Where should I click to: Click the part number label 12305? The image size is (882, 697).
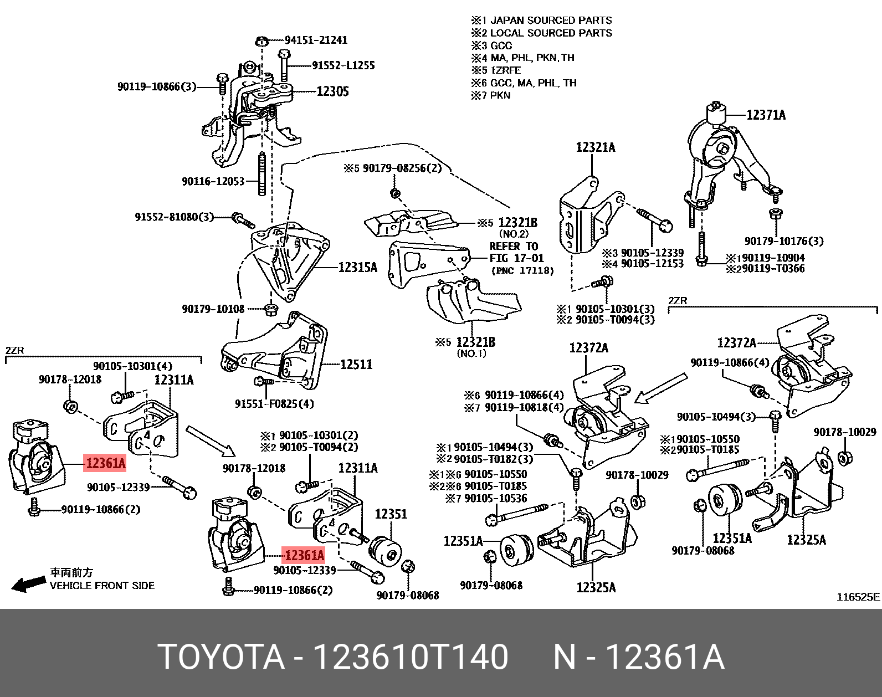[x=332, y=91]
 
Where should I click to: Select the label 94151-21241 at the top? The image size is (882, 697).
[x=316, y=40]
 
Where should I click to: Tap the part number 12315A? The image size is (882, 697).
[x=357, y=268]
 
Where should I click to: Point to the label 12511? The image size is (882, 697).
[x=356, y=365]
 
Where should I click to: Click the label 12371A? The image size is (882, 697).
[x=766, y=115]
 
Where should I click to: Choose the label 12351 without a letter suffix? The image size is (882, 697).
[x=391, y=514]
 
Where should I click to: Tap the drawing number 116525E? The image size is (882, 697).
[x=858, y=597]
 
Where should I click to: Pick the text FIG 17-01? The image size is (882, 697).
[x=516, y=258]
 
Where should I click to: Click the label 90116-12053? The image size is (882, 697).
[x=213, y=181]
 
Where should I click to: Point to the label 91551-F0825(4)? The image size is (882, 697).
[x=274, y=404]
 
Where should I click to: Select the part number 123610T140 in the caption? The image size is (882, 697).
[x=411, y=658]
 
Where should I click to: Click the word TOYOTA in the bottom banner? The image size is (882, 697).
[x=221, y=658]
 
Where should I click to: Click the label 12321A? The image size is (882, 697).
[x=596, y=147]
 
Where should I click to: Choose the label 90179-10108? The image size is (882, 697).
[x=213, y=309]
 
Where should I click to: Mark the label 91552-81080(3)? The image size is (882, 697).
[x=174, y=217]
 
